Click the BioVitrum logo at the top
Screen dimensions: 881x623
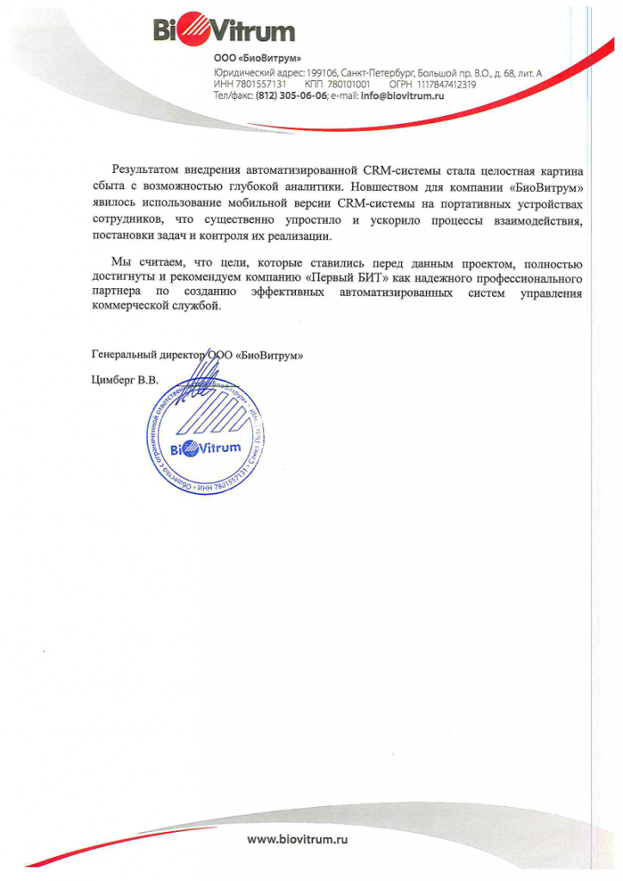click(224, 31)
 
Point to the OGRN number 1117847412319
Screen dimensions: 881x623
click(446, 84)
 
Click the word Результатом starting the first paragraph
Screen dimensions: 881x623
click(148, 169)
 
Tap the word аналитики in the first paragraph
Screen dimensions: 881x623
click(293, 186)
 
